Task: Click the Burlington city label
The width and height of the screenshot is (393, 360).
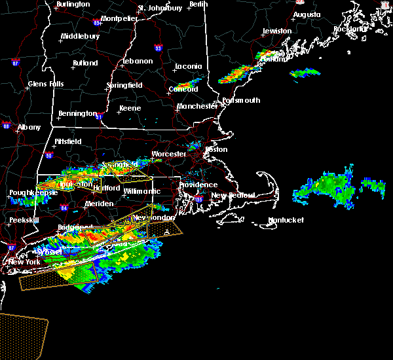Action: click(73, 4)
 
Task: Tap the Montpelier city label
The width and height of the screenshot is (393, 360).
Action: click(119, 18)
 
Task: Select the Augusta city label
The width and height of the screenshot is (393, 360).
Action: click(307, 14)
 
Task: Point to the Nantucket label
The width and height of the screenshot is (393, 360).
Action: click(286, 220)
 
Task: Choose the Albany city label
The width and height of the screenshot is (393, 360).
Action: click(29, 127)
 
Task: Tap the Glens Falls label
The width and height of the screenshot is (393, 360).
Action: click(46, 84)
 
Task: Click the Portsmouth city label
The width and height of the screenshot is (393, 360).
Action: click(241, 100)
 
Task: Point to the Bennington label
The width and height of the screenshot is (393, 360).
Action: click(77, 113)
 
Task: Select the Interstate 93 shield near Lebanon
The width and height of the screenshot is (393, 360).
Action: click(158, 48)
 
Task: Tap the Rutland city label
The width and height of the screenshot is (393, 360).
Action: click(85, 63)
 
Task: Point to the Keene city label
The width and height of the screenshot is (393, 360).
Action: click(130, 108)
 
